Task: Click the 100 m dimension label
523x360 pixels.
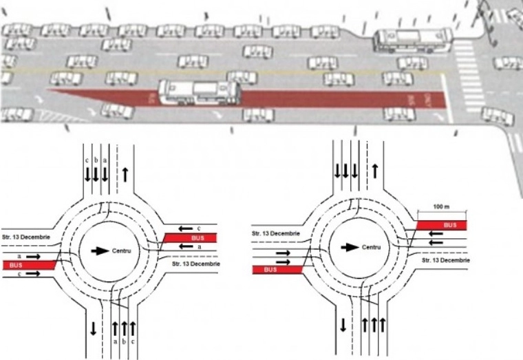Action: tap(441, 207)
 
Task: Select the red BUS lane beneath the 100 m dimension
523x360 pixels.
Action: tap(441, 225)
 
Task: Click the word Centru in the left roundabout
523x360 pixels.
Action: tap(122, 251)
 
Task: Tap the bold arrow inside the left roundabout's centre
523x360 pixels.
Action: tap(100, 251)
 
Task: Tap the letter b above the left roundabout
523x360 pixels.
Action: tap(96, 160)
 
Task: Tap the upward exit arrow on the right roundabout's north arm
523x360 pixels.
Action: tap(376, 169)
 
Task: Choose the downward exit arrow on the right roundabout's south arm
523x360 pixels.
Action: tap(342, 324)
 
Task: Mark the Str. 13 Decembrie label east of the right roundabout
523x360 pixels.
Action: tap(446, 261)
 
